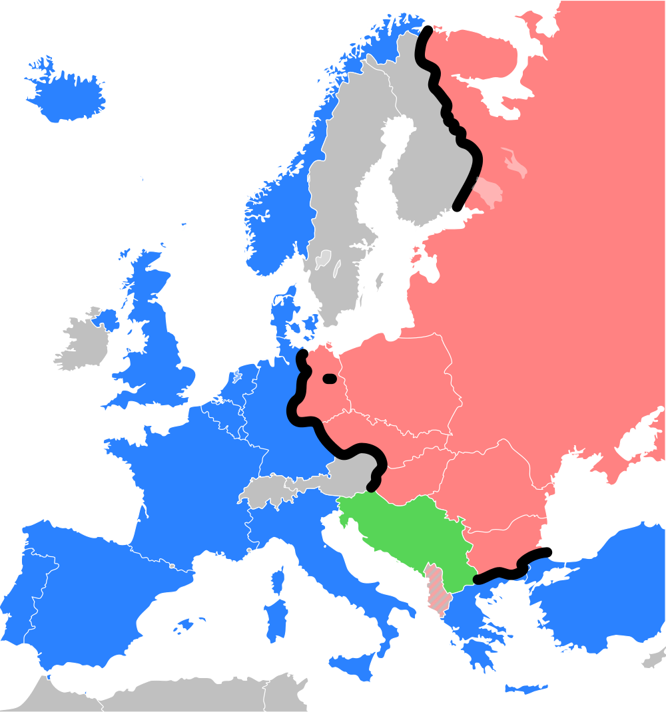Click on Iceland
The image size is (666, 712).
(67, 93)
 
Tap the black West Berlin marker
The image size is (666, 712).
(329, 379)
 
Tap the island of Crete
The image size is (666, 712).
(526, 688)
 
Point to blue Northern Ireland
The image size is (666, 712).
(107, 319)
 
